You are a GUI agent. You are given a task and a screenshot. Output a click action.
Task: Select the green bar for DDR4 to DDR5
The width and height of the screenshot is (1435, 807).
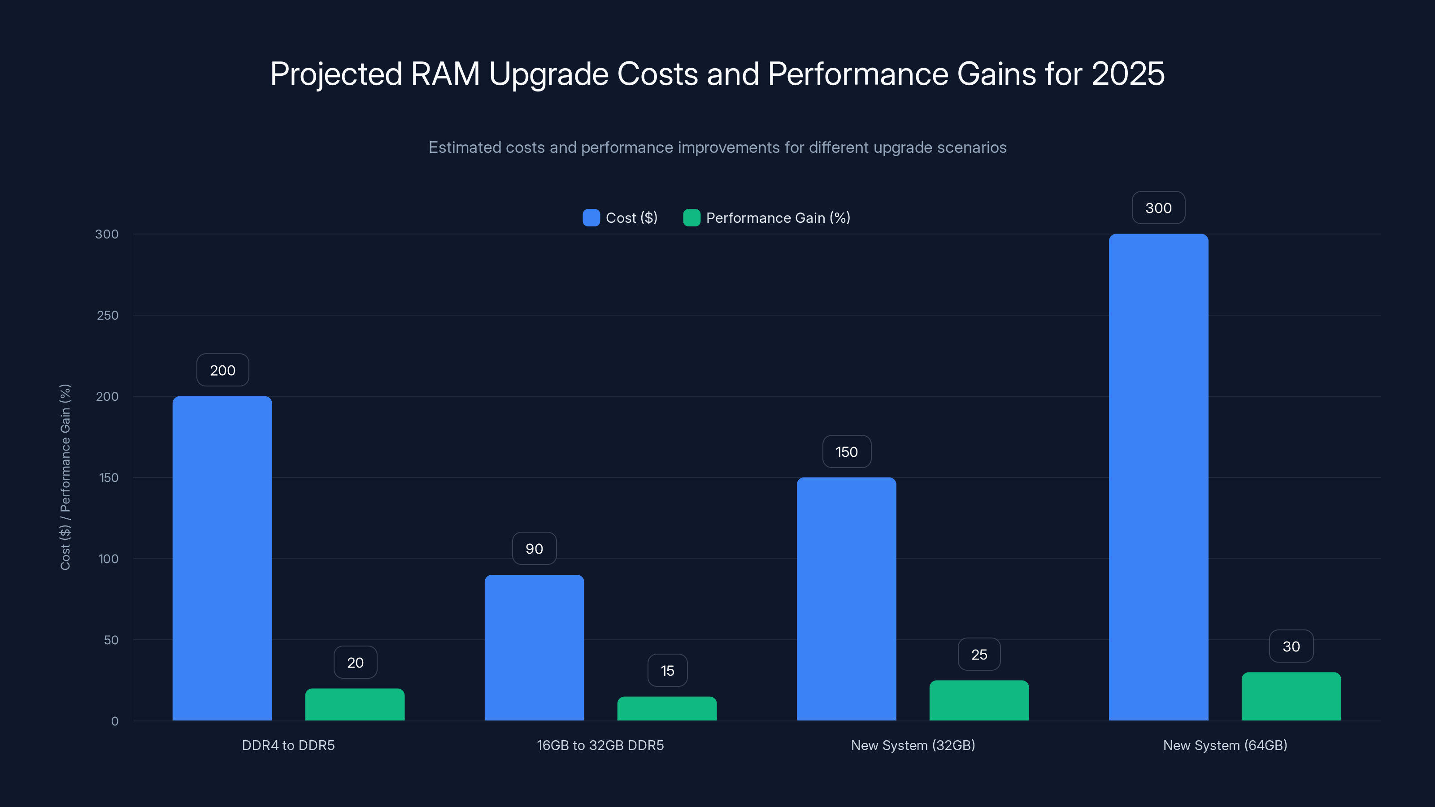tap(355, 704)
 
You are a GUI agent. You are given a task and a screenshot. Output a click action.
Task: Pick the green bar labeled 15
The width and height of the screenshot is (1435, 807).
tap(667, 708)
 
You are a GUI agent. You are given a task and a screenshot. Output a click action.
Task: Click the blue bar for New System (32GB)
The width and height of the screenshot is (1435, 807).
tap(846, 599)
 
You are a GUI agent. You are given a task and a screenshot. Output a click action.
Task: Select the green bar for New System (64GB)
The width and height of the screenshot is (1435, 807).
tap(1291, 696)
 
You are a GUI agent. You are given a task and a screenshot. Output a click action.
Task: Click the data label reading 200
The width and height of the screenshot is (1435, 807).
tap(222, 370)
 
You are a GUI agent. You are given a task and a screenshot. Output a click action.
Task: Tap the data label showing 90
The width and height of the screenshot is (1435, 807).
tap(534, 549)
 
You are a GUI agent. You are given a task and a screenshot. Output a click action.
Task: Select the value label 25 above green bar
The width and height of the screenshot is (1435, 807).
tap(979, 655)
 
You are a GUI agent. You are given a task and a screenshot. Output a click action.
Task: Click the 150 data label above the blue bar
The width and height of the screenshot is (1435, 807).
tap(846, 451)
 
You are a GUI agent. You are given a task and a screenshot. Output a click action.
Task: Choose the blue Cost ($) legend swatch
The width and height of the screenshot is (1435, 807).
tap(591, 218)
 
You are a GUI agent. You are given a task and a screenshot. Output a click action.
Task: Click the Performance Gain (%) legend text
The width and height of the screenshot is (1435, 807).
tap(778, 218)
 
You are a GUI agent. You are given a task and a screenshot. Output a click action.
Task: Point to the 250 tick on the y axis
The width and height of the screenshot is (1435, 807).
tap(108, 315)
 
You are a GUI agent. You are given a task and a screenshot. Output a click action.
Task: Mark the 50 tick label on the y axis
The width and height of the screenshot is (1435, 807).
tap(111, 640)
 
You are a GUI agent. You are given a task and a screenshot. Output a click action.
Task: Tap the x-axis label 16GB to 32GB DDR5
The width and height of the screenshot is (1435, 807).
tap(600, 745)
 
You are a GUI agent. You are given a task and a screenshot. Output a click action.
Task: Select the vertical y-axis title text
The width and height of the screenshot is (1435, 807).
tap(65, 477)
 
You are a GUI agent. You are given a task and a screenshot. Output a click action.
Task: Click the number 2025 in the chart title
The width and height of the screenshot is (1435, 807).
tap(1127, 74)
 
